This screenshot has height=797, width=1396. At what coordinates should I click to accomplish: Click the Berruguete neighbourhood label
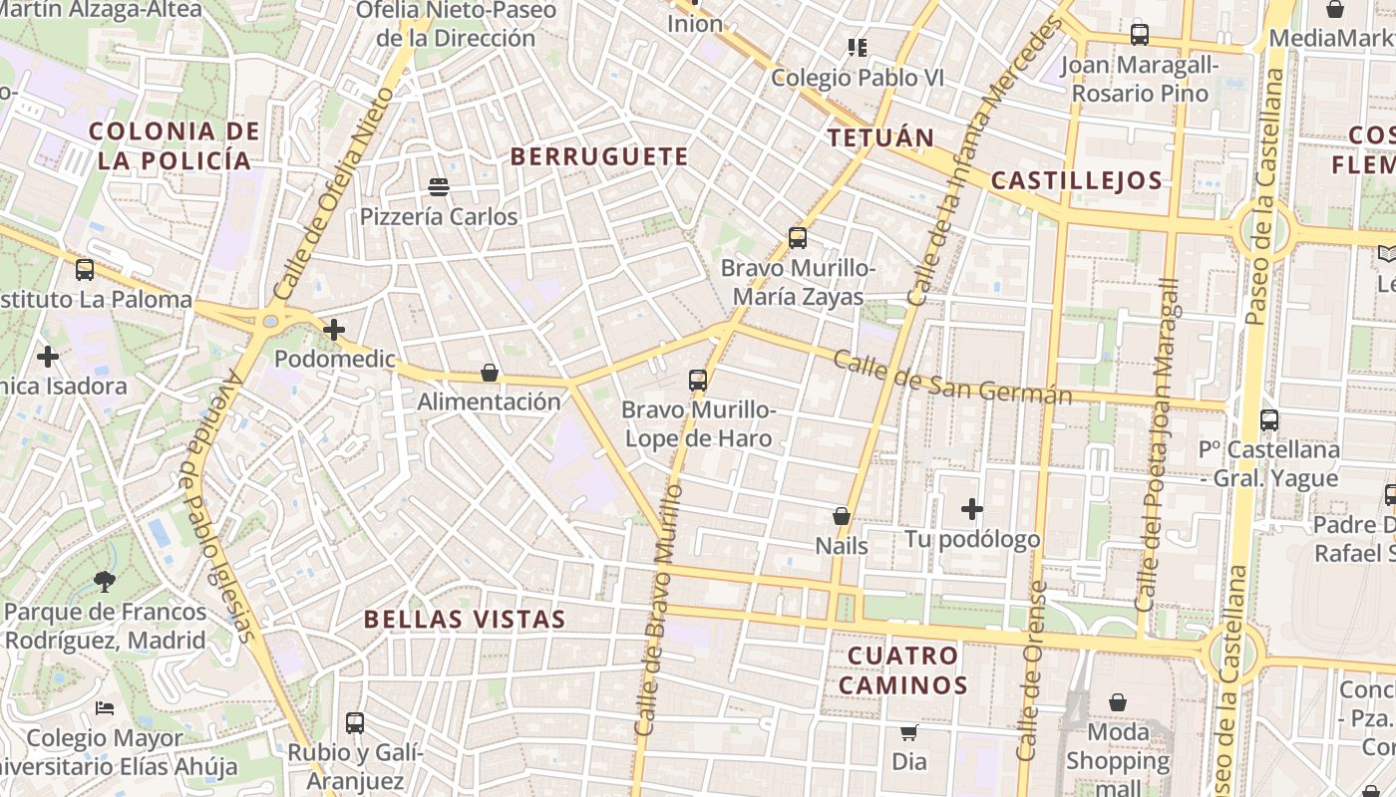[x=599, y=156]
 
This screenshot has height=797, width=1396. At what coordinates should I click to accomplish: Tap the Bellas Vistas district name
[x=465, y=619]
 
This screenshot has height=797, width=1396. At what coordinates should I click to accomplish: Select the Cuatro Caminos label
[x=903, y=670]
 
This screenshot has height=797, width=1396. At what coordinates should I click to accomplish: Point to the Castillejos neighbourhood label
[x=1077, y=180]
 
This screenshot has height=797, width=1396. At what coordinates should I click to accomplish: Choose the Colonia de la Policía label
[x=174, y=145]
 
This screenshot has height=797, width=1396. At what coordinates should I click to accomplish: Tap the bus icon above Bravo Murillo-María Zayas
[x=797, y=238]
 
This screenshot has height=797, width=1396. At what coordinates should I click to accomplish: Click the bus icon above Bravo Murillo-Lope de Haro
[x=697, y=380]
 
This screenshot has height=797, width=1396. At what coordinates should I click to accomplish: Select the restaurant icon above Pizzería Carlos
[x=438, y=186]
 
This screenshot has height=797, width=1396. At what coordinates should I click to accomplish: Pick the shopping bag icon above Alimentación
[x=490, y=373]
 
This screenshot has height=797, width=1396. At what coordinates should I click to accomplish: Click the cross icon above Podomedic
[x=334, y=329]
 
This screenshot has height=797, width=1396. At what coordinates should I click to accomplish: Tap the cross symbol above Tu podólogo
[x=972, y=509]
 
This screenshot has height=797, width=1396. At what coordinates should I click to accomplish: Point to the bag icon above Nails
[x=842, y=516]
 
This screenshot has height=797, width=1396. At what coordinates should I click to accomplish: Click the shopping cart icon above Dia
[x=908, y=732]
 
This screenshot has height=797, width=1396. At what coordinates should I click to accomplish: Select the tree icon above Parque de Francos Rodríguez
[x=105, y=581]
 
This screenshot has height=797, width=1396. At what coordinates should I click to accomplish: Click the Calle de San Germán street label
[x=951, y=377]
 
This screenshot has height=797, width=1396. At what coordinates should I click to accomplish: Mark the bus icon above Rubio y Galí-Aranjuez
[x=355, y=723]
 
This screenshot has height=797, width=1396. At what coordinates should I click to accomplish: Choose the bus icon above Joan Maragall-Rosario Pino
[x=1140, y=35]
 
